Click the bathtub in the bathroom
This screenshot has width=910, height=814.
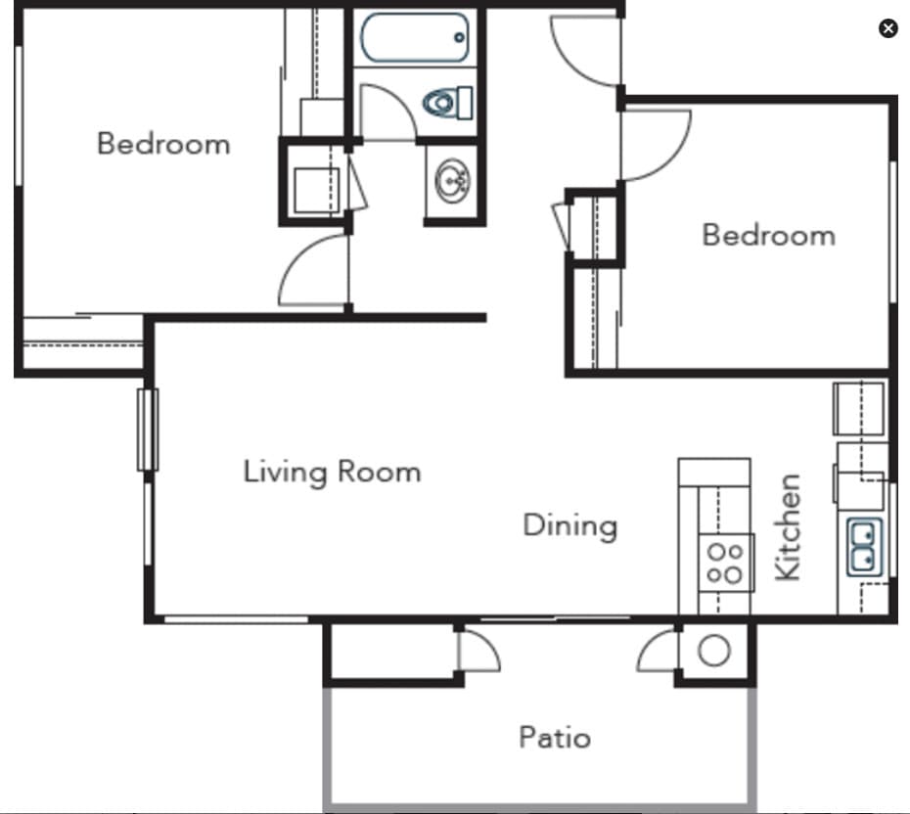[x=414, y=37]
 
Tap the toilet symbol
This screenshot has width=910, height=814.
[x=447, y=102]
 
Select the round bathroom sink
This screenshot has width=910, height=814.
[x=451, y=182]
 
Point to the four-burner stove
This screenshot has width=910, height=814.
[x=725, y=564]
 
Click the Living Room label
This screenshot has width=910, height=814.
[x=332, y=472]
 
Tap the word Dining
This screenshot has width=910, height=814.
[x=569, y=525]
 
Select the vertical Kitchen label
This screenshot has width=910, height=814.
[x=789, y=527]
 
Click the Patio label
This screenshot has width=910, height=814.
[x=554, y=736]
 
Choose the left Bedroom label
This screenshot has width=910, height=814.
[x=163, y=144]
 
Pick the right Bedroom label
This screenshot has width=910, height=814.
[x=768, y=235]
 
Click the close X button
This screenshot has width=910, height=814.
[x=887, y=28]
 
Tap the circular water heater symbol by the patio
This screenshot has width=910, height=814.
[x=714, y=651]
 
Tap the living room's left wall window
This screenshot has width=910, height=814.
[x=148, y=430]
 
